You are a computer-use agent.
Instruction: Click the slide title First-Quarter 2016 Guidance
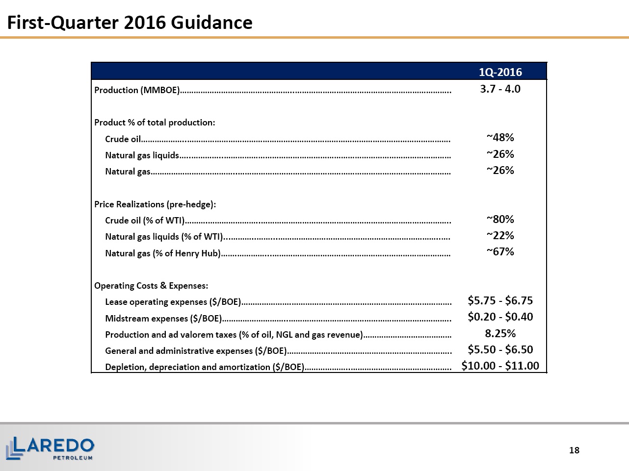pyautogui.click(x=130, y=23)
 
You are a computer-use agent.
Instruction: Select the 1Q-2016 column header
pyautogui.click(x=500, y=72)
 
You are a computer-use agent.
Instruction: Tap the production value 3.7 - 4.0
pyautogui.click(x=500, y=89)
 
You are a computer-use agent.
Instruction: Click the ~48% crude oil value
pyautogui.click(x=500, y=137)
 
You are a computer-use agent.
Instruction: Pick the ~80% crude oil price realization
pyautogui.click(x=500, y=219)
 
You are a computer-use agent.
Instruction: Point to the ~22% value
pyautogui.click(x=500, y=235)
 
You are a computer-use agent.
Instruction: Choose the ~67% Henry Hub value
pyautogui.click(x=500, y=252)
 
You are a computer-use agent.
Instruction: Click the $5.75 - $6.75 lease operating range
pyautogui.click(x=500, y=300)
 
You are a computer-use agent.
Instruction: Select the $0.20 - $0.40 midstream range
pyautogui.click(x=500, y=317)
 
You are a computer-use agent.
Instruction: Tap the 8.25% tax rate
pyautogui.click(x=500, y=333)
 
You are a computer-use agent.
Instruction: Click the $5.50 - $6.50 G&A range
pyautogui.click(x=500, y=349)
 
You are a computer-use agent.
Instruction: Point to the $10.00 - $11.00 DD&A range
pyautogui.click(x=500, y=366)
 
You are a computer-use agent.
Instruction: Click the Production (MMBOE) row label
pyautogui.click(x=137, y=90)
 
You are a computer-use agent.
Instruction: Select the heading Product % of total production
pyautogui.click(x=155, y=123)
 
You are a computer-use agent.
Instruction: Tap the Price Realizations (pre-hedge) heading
pyautogui.click(x=155, y=204)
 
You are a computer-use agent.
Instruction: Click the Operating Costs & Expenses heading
pyautogui.click(x=151, y=286)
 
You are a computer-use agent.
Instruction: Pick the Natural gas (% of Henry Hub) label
pyautogui.click(x=163, y=253)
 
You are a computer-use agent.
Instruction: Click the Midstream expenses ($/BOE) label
pyautogui.click(x=163, y=319)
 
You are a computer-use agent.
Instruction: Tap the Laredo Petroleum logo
pyautogui.click(x=50, y=448)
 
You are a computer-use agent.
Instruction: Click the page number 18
pyautogui.click(x=574, y=450)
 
